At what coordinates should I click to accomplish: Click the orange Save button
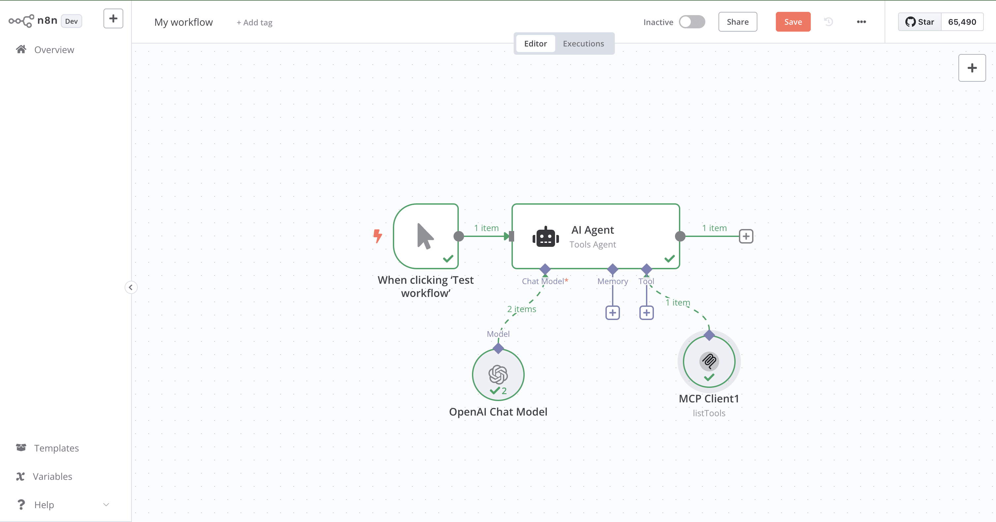pos(793,22)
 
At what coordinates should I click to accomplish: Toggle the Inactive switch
pos(692,22)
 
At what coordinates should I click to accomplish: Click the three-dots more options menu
pos(861,22)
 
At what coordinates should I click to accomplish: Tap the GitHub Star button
pos(920,22)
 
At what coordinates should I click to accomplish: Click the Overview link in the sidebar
pos(54,50)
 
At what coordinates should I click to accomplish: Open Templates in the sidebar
pos(56,448)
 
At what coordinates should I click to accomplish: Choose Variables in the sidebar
pos(52,477)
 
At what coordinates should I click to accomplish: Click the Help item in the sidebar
pos(44,505)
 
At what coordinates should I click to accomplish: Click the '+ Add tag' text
pos(254,23)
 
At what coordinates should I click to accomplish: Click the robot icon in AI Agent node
pos(545,236)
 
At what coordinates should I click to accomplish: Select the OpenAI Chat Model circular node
pos(498,374)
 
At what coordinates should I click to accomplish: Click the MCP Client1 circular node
pos(709,362)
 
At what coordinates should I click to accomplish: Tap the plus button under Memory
pos(612,312)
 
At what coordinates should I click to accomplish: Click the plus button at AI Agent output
pos(746,236)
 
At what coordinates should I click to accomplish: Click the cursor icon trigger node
pos(425,236)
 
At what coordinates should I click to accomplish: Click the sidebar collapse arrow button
pos(131,287)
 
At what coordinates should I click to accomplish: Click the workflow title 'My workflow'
pos(183,22)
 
